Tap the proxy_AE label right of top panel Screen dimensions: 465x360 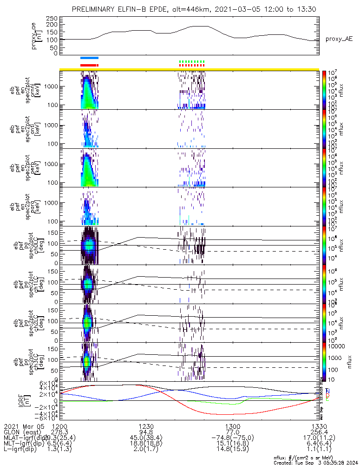[339, 39]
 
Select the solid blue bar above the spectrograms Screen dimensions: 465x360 [89, 58]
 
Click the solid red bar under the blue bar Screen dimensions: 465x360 [89, 65]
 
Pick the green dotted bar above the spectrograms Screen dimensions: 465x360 [192, 61]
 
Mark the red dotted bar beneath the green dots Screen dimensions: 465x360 [192, 66]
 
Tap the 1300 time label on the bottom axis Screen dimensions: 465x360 [232, 426]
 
